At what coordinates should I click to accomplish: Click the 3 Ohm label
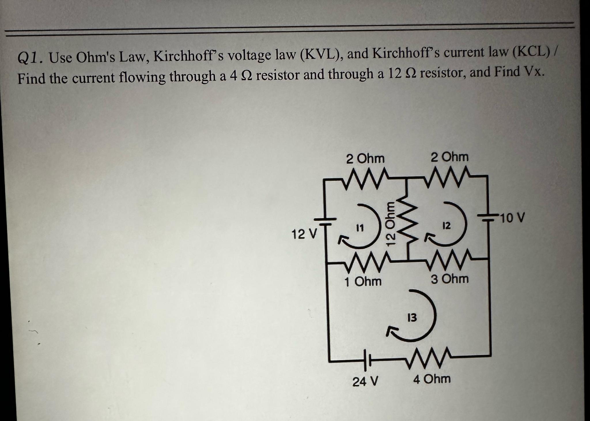pyautogui.click(x=450, y=279)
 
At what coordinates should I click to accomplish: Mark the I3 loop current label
pyautogui.click(x=412, y=318)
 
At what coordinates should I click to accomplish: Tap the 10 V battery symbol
pyautogui.click(x=489, y=218)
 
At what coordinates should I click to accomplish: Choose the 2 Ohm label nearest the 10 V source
pyautogui.click(x=450, y=157)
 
